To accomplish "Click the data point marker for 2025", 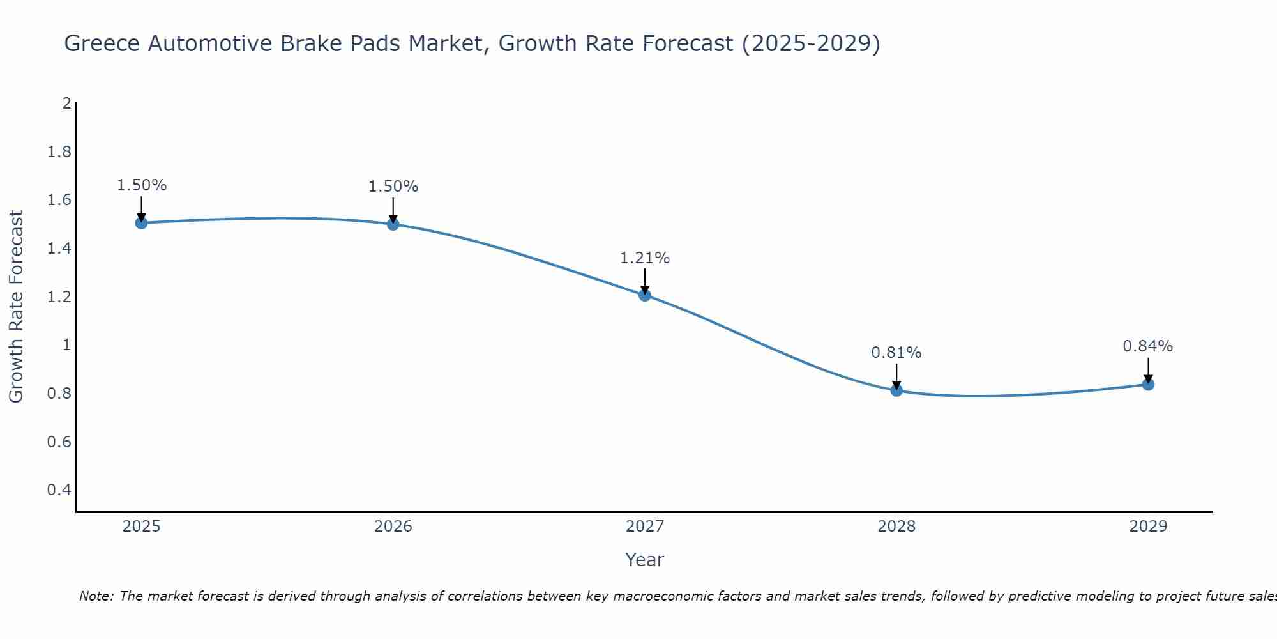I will tap(141, 222).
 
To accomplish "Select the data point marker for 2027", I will tap(644, 295).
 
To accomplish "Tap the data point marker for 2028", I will tap(896, 390).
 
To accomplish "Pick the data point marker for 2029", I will tap(1147, 384).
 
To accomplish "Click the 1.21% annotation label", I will tap(644, 258).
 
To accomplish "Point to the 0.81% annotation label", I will tap(896, 353).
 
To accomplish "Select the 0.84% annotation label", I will tap(1147, 346).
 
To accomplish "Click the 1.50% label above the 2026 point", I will tap(393, 187).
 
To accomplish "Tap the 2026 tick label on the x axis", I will tap(393, 527).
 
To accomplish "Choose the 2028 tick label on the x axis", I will tap(896, 527).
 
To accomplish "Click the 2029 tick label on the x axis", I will tap(1147, 527).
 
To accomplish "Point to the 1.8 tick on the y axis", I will tap(59, 152).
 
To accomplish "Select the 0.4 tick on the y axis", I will tap(59, 490).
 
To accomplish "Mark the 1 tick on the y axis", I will tap(66, 345).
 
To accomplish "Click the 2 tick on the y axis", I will tap(66, 104).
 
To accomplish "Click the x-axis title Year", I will tap(644, 560).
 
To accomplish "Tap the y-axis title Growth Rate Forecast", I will tap(16, 307).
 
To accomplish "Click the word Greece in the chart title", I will tap(102, 43).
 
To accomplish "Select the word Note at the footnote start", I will tap(96, 596).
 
